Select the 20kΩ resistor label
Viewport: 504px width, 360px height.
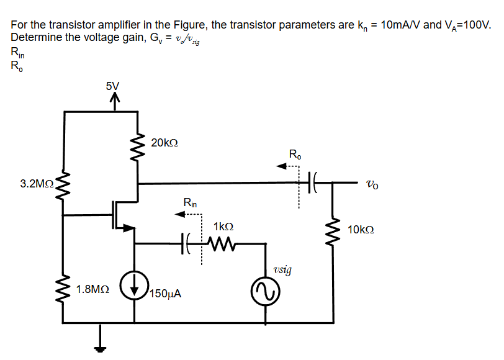164,143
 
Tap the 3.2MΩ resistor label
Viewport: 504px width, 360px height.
36,184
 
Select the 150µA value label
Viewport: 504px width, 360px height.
165,294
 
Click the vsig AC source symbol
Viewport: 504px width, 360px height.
266,292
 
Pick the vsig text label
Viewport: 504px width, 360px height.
282,270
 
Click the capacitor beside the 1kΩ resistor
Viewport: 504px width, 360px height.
186,243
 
